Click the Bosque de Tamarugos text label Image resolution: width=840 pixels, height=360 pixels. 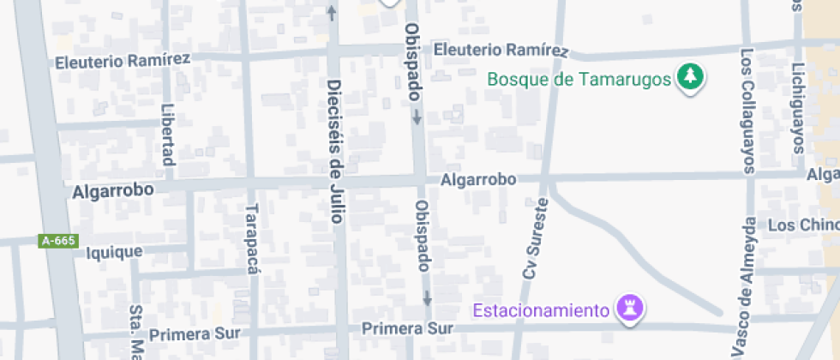(x=579, y=79)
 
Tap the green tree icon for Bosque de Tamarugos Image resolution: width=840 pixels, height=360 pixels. (x=690, y=77)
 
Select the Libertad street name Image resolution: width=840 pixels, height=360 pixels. (x=168, y=135)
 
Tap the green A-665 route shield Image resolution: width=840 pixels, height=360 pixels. (x=58, y=242)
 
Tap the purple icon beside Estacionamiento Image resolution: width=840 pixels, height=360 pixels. (x=632, y=309)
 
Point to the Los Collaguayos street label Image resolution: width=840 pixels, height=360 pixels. (x=747, y=111)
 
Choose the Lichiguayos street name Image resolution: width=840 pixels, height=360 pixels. (x=799, y=107)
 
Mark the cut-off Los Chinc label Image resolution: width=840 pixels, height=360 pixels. (x=803, y=225)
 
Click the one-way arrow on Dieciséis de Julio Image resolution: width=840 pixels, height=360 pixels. (x=332, y=13)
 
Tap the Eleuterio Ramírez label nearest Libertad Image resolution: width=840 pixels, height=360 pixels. (x=123, y=61)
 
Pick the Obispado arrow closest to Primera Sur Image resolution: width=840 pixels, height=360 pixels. (x=426, y=298)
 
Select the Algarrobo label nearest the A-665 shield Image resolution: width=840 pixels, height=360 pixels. (x=113, y=192)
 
